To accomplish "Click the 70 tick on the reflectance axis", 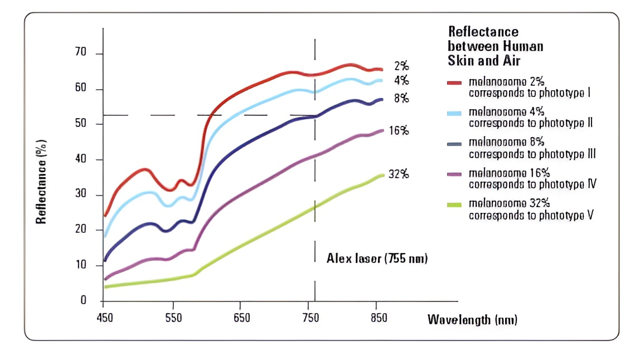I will [84, 53].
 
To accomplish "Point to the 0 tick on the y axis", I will [84, 301].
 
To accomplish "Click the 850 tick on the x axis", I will [379, 318].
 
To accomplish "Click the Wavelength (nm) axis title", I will [472, 320].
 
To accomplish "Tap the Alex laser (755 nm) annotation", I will [377, 259].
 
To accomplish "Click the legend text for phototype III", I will [532, 148].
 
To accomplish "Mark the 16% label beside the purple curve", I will [399, 131].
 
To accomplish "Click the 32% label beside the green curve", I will [399, 174].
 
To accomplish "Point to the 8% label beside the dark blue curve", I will [401, 99].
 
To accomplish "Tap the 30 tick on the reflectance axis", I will [84, 195].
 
